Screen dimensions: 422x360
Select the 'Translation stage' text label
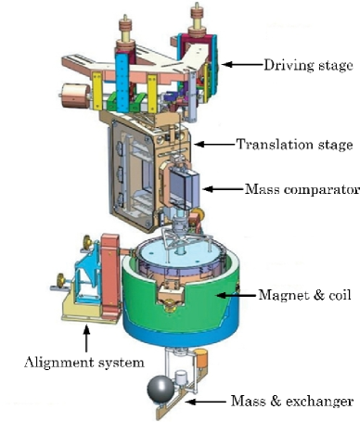pos(293,145)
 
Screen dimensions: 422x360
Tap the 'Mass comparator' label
pos(302,189)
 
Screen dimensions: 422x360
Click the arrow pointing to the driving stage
pos(243,65)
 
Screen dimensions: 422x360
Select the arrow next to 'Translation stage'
pos(214,145)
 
